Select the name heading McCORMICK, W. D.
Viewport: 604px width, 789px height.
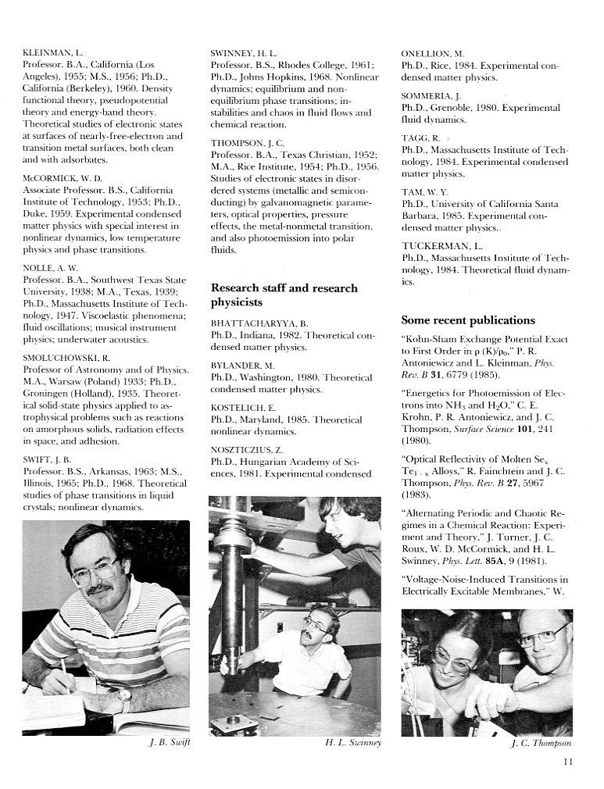[x=62, y=177]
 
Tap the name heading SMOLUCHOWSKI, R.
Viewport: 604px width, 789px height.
[x=66, y=356]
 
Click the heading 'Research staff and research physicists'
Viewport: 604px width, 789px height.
[x=284, y=295]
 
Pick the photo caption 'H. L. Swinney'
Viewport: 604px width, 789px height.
[x=352, y=743]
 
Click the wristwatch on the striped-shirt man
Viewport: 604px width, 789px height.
[x=123, y=694]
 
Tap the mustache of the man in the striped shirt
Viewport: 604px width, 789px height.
[x=99, y=588]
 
